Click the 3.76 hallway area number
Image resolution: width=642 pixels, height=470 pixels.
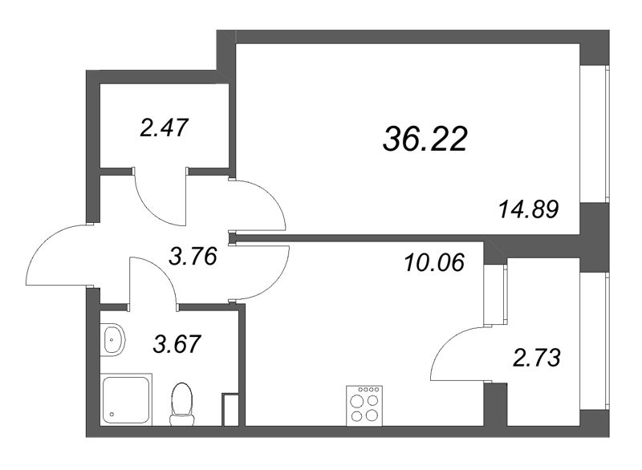pyautogui.click(x=194, y=257)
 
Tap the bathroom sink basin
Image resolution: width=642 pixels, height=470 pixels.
pyautogui.click(x=113, y=340)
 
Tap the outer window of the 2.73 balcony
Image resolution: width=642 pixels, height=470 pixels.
pyautogui.click(x=595, y=341)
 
